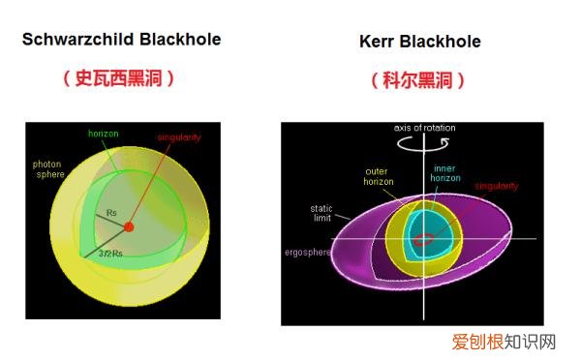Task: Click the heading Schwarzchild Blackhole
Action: click(x=121, y=40)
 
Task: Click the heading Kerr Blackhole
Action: click(x=419, y=42)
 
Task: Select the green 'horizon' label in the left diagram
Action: click(x=104, y=133)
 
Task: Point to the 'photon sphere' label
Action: click(x=47, y=170)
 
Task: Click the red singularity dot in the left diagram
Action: click(x=129, y=226)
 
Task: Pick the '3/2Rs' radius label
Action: click(x=109, y=254)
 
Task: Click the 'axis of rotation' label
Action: click(x=424, y=129)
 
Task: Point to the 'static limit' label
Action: click(x=321, y=212)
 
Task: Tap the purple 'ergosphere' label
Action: click(x=309, y=253)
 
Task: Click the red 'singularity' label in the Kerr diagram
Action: click(x=497, y=186)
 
